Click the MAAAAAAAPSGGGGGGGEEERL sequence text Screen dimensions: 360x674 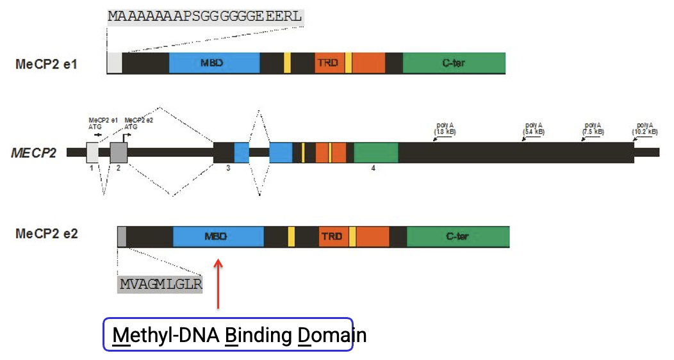[204, 17]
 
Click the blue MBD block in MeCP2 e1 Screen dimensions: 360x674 [215, 63]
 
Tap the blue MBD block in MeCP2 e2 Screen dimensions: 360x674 [218, 236]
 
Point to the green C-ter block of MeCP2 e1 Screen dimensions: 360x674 [454, 63]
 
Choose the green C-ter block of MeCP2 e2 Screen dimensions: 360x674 [457, 236]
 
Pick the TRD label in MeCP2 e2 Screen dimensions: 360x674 [332, 236]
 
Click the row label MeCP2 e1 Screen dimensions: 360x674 [46, 64]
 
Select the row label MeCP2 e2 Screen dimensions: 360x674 [46, 234]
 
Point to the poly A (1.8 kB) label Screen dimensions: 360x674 [444, 128]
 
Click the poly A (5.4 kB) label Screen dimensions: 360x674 [534, 128]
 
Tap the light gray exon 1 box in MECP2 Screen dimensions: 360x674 [92, 152]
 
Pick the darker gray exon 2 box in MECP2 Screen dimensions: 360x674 [119, 152]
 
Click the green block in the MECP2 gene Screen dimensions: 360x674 [375, 152]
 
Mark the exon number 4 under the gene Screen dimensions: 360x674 [373, 168]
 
